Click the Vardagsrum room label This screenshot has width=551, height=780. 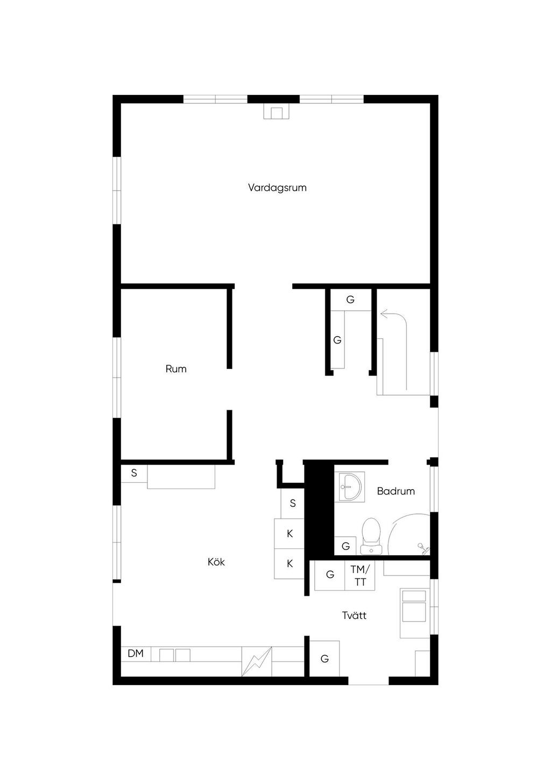click(x=277, y=187)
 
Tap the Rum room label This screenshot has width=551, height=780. click(x=176, y=369)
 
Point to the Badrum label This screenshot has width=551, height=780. click(x=396, y=491)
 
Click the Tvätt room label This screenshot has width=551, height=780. click(x=354, y=615)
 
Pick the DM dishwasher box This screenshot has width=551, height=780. click(x=136, y=653)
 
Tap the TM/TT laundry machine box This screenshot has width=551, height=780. click(x=359, y=576)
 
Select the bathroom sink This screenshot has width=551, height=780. click(x=350, y=487)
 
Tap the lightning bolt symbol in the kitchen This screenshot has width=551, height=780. click(x=257, y=661)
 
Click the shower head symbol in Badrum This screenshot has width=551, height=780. click(x=422, y=547)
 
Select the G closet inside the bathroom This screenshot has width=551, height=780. click(x=345, y=546)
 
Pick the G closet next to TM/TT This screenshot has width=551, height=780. click(x=330, y=576)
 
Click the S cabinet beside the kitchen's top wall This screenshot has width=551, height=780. click(x=134, y=473)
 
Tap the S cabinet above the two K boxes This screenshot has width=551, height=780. click(x=293, y=503)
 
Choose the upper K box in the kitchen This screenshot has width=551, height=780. click(x=289, y=533)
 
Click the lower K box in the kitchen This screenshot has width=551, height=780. click(x=289, y=564)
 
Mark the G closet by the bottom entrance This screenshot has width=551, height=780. click(x=324, y=658)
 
